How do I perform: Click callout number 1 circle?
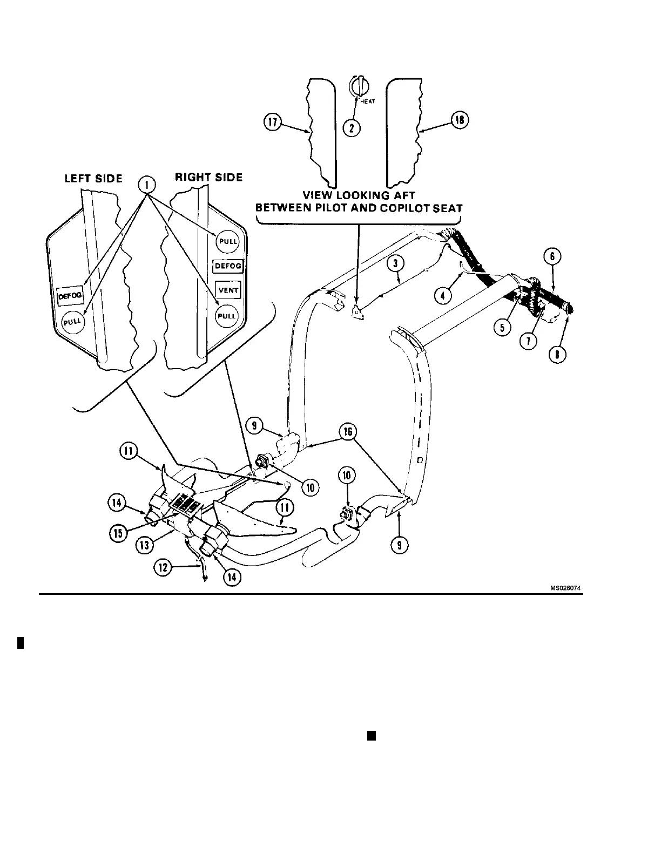pos(147,186)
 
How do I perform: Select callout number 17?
pos(272,123)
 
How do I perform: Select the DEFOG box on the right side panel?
pos(228,266)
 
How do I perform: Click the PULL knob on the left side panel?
pos(71,322)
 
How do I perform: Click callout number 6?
pos(556,257)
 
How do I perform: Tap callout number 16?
pos(347,432)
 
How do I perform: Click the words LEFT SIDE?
pos(93,179)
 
